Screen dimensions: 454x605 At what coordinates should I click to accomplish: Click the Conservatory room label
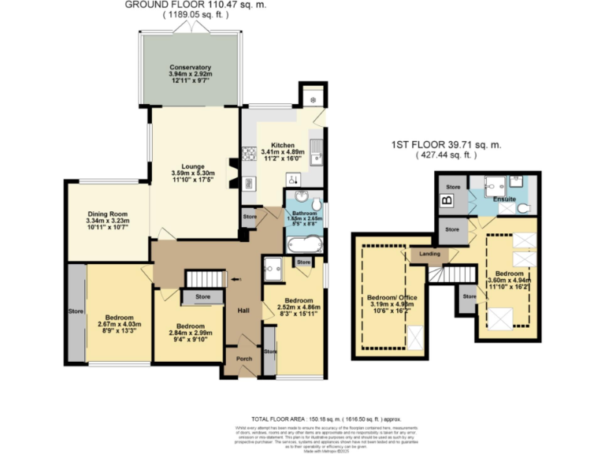point(189,67)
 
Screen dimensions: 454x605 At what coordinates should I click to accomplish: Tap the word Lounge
point(193,166)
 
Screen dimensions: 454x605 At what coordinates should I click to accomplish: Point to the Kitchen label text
point(282,146)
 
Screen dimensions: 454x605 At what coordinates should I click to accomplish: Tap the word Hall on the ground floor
point(243,310)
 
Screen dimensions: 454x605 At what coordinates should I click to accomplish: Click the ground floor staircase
point(203,280)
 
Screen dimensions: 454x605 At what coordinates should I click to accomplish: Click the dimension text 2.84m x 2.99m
point(191,333)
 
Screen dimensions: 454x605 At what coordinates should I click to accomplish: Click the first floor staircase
point(457,274)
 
